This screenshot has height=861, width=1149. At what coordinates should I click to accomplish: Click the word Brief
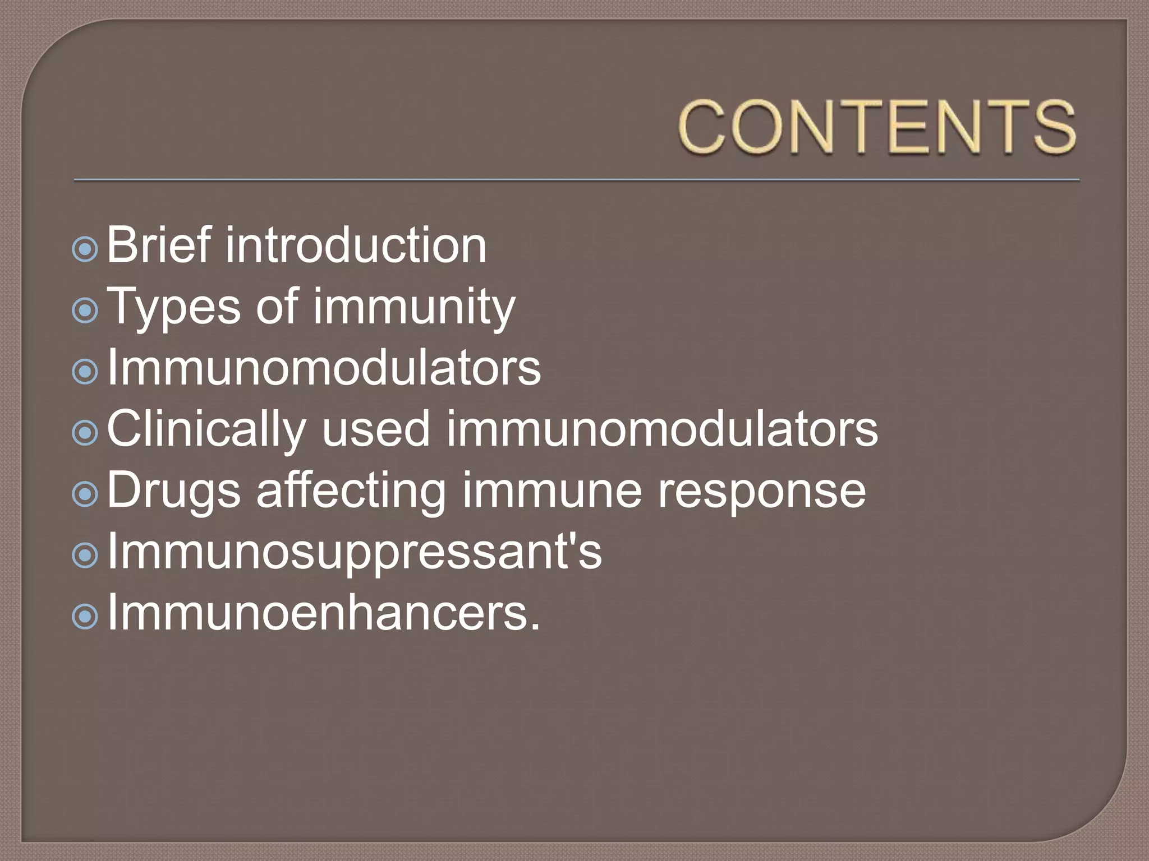pos(159,245)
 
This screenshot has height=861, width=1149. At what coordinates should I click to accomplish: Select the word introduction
pos(356,245)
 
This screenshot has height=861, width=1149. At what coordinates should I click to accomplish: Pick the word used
pos(375,429)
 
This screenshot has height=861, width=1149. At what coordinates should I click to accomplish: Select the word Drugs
pos(174,491)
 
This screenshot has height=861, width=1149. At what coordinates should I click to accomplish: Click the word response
pos(761,491)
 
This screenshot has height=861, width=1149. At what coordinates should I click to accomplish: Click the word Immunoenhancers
pos(323,613)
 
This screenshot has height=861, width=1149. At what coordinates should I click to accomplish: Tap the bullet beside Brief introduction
pos(85,249)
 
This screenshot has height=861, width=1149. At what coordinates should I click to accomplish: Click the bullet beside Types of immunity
pos(85,310)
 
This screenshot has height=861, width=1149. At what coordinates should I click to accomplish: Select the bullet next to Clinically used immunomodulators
pos(85,433)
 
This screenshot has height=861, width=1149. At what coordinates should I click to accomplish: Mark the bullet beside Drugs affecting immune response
pos(85,494)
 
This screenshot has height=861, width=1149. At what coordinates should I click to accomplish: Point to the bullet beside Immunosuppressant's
pos(85,556)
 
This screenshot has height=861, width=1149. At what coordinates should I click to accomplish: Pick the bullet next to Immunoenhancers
pos(85,617)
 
